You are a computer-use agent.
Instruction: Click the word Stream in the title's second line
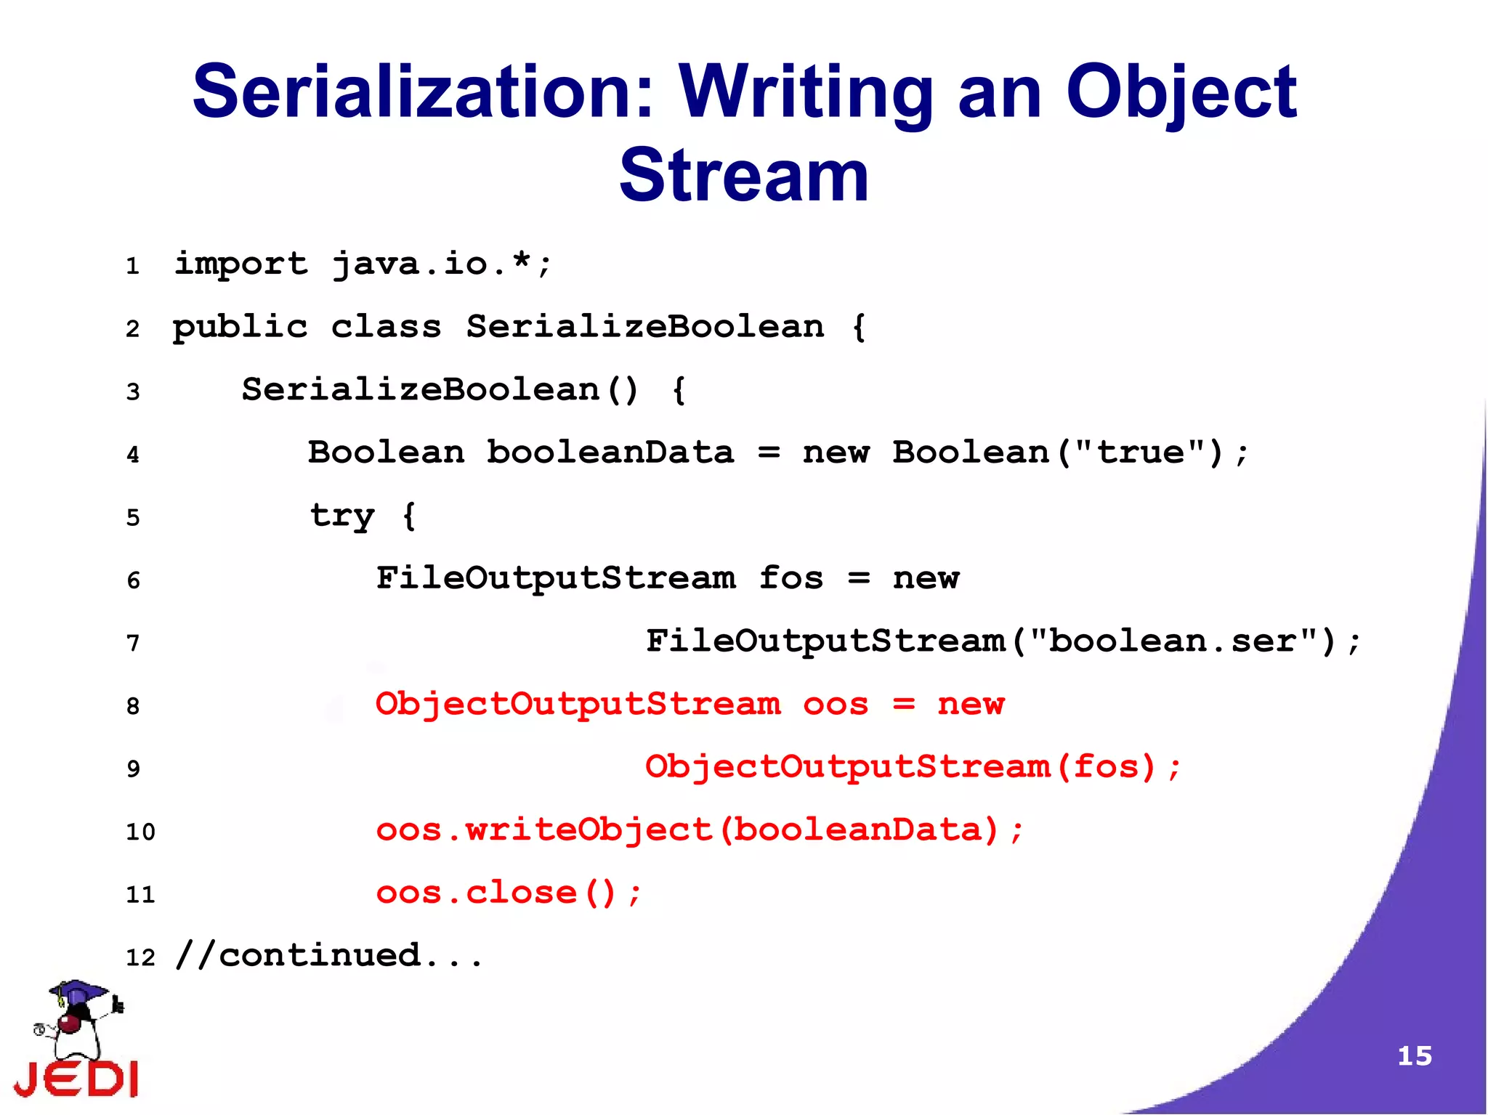744,176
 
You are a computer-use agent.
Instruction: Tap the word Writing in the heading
806,92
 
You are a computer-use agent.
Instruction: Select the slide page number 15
1415,1055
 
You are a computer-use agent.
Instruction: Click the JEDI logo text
76,1079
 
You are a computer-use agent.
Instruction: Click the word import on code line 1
241,264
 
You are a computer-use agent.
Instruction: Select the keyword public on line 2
240,328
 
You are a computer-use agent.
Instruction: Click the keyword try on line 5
342,516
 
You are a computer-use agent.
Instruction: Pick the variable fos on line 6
791,579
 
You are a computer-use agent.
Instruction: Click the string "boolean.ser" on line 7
1183,641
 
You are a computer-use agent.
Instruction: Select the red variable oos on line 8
836,705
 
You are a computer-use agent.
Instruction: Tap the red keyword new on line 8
971,705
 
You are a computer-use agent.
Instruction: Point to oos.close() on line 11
509,893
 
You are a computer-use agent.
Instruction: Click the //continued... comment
328,955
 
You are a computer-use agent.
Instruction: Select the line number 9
133,769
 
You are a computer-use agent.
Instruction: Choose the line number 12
140,957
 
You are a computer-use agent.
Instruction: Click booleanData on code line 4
610,453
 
